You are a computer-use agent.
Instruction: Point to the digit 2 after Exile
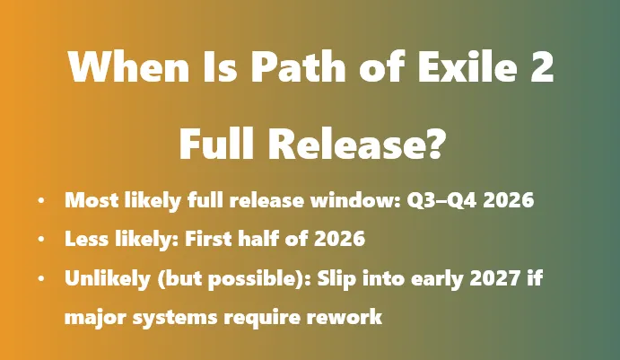(540, 67)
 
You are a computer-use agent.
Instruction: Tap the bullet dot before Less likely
(42, 241)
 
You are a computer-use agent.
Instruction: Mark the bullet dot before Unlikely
(42, 279)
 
